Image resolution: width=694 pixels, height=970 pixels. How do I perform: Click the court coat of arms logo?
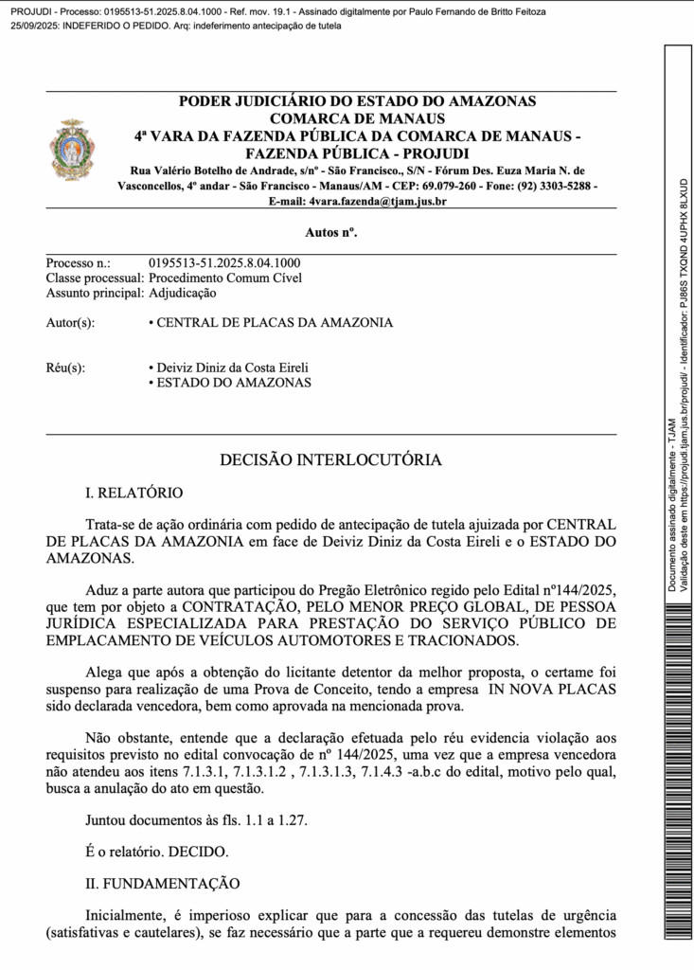[72, 151]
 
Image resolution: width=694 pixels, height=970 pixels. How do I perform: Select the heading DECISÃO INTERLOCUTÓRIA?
[330, 460]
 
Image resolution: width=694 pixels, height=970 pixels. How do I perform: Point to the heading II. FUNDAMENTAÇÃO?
[162, 883]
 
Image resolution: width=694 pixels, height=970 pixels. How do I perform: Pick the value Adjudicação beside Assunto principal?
[183, 293]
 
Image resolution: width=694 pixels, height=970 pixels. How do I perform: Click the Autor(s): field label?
[70, 323]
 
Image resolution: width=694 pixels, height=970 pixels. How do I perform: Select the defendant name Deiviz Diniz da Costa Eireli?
[232, 368]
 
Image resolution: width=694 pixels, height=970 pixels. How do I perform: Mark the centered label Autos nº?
[331, 232]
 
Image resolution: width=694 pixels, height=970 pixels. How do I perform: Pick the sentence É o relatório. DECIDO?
[157, 852]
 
